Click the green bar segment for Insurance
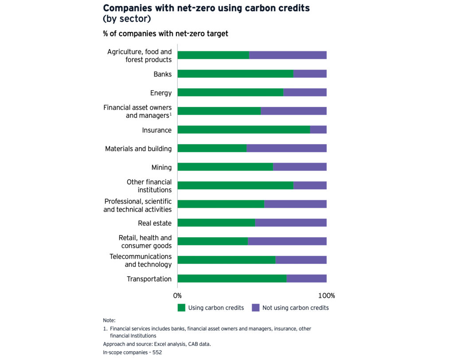click(243, 129)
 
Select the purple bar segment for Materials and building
click(286, 148)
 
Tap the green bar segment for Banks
click(235, 74)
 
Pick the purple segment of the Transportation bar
click(306, 278)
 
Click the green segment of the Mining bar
click(225, 167)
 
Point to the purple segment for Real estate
click(290, 223)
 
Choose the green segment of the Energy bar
click(230, 92)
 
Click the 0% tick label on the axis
click(177, 296)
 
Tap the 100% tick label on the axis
click(327, 296)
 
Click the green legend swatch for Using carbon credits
click(181, 308)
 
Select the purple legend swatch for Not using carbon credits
click(255, 308)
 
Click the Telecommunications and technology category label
click(141, 260)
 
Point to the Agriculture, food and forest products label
click(139, 55)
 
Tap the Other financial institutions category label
click(149, 186)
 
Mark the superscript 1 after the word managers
click(170, 113)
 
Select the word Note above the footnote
click(109, 320)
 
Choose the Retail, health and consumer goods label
click(145, 242)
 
